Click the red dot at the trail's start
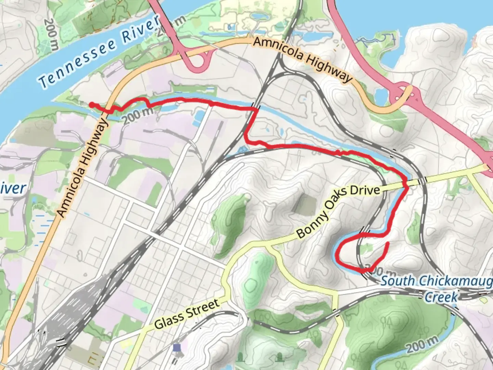coord(92,104)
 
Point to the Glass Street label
coord(187,314)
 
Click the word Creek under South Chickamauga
coord(441,296)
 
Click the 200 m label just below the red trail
coord(137,115)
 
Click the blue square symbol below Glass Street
coord(177,348)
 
